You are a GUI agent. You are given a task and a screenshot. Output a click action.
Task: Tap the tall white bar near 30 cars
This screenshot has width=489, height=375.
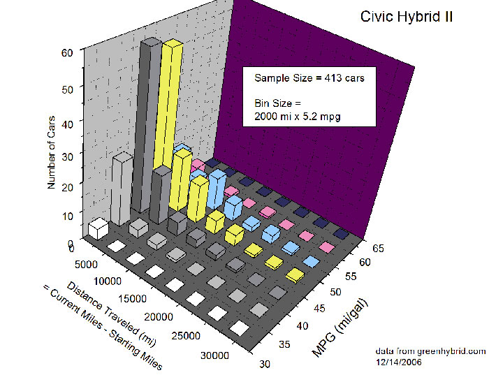[122, 189]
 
